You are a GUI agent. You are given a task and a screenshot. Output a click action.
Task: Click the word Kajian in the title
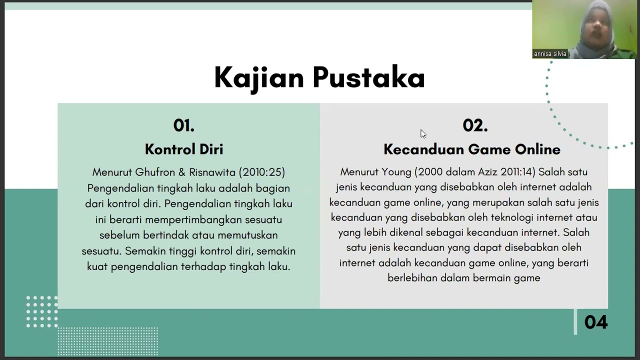[259, 78]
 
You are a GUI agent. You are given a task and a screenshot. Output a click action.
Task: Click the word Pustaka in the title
[368, 78]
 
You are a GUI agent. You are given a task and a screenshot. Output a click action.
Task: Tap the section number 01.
[183, 125]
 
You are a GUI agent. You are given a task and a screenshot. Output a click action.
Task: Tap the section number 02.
[475, 125]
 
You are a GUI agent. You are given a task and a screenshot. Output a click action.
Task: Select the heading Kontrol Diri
[184, 149]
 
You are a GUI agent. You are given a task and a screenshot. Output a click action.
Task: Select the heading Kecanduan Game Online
[472, 149]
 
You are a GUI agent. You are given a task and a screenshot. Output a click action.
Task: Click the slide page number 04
[595, 322]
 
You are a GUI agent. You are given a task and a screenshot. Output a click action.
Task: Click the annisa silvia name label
[550, 54]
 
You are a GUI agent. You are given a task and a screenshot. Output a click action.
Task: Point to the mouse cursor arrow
[422, 133]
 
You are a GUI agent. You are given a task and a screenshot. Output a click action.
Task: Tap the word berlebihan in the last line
[413, 278]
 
